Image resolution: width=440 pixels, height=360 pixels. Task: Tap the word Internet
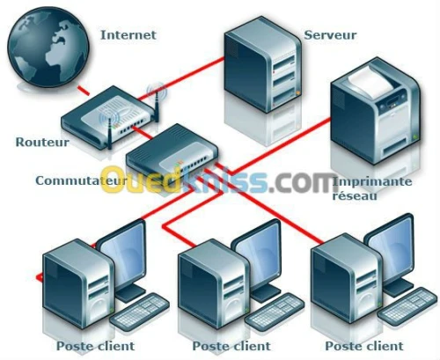pos(128,35)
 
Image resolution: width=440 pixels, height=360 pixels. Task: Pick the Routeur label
pos(36,141)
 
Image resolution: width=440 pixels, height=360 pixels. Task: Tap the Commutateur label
pos(77,180)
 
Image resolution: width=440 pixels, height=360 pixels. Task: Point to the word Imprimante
pos(371,181)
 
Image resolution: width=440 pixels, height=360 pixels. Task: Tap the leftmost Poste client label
pos(92,345)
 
